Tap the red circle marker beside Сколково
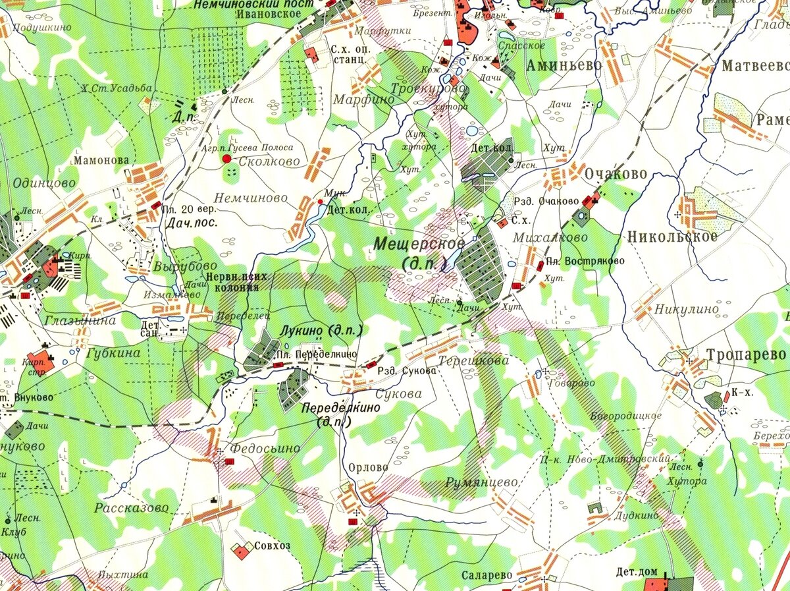click(226, 159)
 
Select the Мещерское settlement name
click(419, 244)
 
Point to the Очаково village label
click(616, 174)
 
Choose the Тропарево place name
click(746, 354)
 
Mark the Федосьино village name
click(264, 448)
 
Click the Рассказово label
click(131, 508)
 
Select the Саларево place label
click(487, 575)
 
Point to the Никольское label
click(672, 237)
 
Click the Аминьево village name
click(564, 65)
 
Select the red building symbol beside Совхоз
click(241, 551)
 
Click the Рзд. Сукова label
click(408, 370)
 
